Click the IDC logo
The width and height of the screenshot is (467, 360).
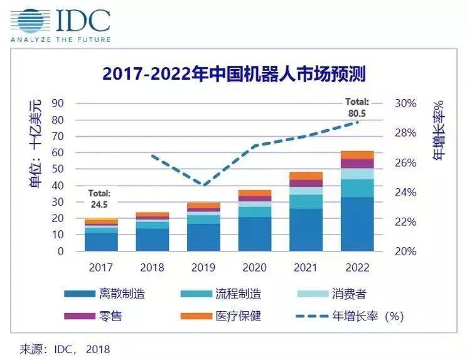60,23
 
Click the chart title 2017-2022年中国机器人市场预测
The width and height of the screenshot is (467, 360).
233,75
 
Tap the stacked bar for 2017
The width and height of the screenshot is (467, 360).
101,235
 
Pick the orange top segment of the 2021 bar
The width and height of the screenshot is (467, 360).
306,176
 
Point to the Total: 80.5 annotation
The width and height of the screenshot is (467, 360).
358,106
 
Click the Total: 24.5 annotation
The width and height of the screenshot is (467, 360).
99,198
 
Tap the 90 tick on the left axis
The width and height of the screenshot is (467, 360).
58,103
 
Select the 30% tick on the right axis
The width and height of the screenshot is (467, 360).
404,103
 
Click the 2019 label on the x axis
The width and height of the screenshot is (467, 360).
203,267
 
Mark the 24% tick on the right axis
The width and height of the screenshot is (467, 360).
404,193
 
